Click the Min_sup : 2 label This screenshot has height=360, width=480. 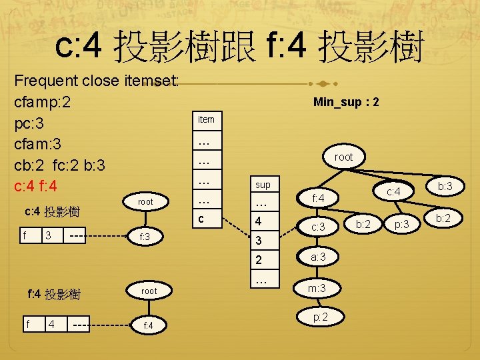347,102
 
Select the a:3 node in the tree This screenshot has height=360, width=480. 318,256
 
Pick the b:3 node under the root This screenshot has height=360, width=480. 443,187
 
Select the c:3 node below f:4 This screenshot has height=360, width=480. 318,227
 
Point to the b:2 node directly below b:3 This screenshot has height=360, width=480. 443,218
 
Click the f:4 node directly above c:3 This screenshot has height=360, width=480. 318,197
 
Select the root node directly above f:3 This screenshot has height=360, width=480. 145,201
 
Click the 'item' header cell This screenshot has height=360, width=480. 207,119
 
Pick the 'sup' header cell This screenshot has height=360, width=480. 263,184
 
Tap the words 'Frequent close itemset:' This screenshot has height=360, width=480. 97,81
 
